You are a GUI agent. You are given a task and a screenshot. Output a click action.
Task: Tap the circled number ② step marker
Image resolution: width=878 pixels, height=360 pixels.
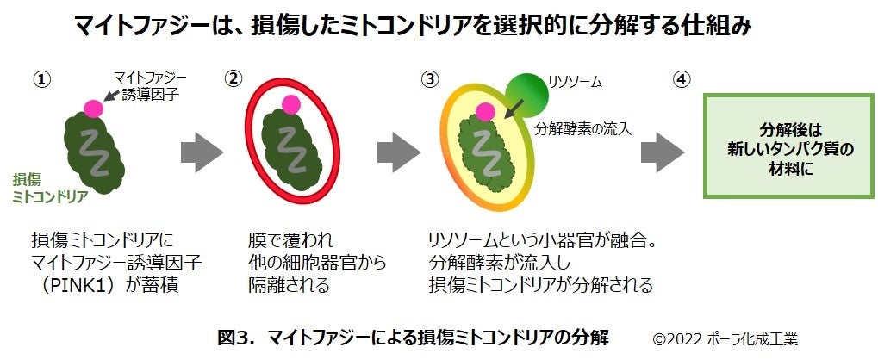[x=232, y=78]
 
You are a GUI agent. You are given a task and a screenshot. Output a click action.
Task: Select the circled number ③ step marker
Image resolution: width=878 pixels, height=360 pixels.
[x=429, y=78]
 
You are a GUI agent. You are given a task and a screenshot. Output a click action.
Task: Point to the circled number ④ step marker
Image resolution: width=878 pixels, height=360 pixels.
[x=680, y=78]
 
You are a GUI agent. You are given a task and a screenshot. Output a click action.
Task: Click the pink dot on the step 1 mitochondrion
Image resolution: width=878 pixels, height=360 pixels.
[x=92, y=108]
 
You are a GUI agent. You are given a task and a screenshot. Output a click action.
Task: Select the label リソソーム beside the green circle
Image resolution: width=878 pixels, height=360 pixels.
[x=576, y=83]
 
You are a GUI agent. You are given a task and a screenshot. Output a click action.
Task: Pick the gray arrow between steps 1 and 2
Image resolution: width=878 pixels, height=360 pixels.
[x=202, y=154]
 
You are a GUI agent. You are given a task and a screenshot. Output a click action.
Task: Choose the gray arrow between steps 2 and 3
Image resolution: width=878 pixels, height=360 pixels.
[x=399, y=154]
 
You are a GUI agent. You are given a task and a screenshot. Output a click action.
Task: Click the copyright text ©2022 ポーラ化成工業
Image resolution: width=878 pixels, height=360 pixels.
[x=731, y=337]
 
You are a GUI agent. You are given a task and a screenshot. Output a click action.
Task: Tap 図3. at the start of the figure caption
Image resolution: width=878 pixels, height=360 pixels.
[x=234, y=337]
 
